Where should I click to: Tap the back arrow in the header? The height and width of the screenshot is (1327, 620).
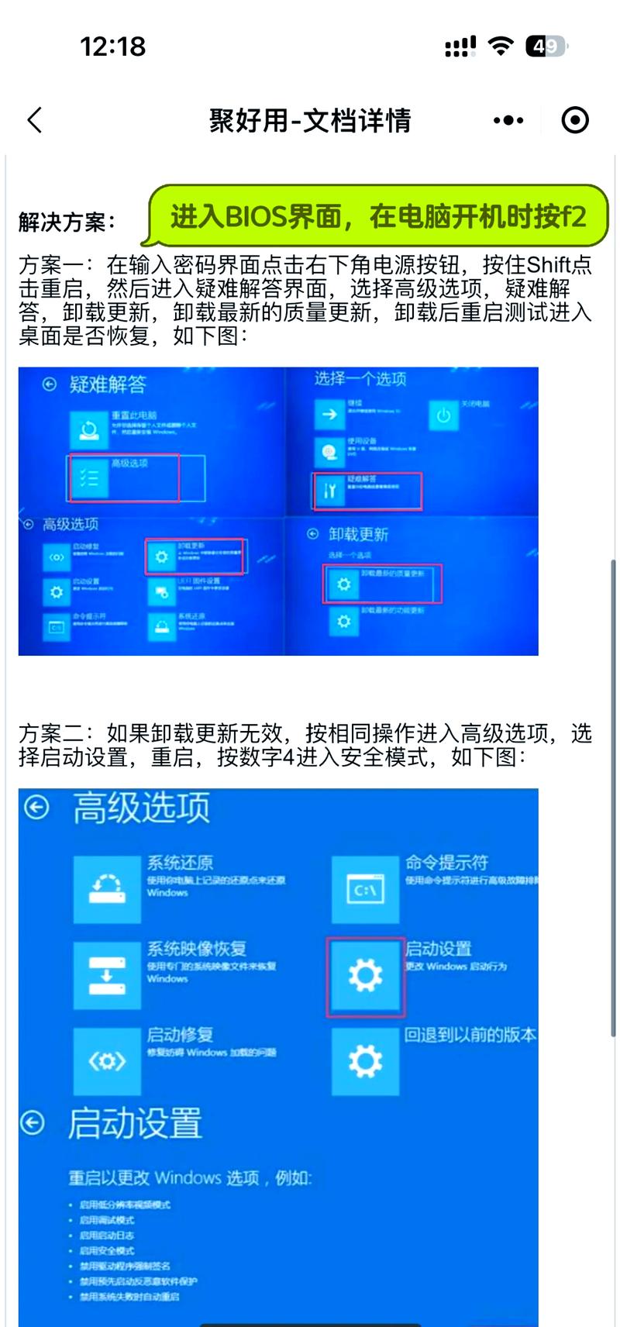pos(35,120)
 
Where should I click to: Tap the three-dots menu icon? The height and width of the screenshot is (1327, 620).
pos(508,120)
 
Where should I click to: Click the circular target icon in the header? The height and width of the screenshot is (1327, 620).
pos(575,120)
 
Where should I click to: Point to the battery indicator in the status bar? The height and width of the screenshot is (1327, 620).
pos(546,47)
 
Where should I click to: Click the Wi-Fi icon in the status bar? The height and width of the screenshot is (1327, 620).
pos(501,47)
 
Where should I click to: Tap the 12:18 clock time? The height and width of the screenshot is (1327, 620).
pos(113,47)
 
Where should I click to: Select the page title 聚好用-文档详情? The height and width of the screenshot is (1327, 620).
pos(310,120)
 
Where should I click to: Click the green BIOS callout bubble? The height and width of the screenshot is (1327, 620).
pos(378,216)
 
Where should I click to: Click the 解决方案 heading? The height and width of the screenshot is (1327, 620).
pos(67,222)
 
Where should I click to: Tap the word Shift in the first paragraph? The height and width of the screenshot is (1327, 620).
pos(549,265)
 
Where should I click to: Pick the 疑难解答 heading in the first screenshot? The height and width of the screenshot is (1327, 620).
pos(107,384)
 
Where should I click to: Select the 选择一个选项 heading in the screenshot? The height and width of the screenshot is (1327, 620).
pos(360,379)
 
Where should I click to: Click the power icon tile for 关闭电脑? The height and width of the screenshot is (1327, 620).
pos(443,415)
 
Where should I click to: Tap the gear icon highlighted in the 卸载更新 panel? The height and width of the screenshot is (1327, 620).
pos(343,584)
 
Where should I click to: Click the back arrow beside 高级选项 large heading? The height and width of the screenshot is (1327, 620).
pos(36,808)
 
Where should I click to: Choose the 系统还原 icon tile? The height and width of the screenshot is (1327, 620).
pos(107,889)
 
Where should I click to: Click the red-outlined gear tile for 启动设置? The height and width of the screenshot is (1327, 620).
pos(365,975)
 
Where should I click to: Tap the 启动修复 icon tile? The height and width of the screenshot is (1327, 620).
pos(107,1061)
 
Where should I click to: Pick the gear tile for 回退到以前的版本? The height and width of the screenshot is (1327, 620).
pos(365,1061)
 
